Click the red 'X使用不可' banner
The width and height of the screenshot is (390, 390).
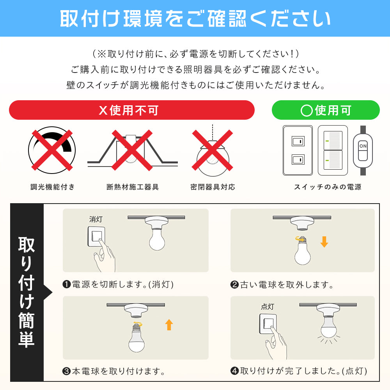[x=131, y=110]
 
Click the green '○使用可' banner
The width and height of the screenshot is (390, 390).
[x=326, y=110]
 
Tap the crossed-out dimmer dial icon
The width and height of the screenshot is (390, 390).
[x=52, y=150]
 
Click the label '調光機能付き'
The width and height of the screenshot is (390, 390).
[x=53, y=187]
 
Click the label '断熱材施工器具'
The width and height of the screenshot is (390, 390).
[x=133, y=187]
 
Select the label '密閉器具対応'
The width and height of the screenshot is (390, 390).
[x=213, y=187]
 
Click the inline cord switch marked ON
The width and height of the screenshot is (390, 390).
[x=363, y=150]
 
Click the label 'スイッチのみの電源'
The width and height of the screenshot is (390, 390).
[x=328, y=187]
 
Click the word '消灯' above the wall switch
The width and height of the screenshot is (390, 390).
[x=96, y=220]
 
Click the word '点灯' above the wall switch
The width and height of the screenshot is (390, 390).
[x=268, y=307]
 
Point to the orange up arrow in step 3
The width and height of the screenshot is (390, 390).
[x=169, y=324]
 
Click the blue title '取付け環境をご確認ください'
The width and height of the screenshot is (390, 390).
[x=195, y=18]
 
